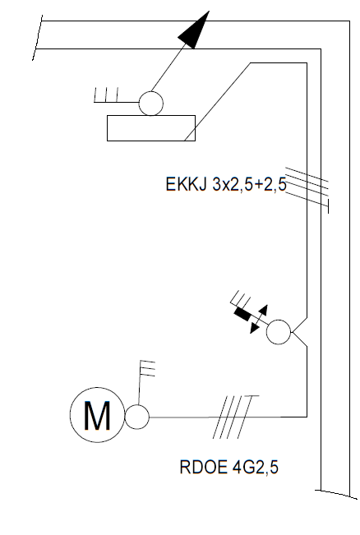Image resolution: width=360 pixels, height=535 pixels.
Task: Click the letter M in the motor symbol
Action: pos(97,415)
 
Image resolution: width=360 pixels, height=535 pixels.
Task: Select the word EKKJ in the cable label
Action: pos(187,184)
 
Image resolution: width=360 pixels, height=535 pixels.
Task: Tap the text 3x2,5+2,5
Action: pos(249,185)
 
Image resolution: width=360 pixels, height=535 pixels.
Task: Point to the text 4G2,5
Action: pos(256,467)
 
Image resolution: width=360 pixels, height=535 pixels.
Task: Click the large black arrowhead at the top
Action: pos(193,30)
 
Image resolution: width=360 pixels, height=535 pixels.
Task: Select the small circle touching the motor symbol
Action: pos(136,417)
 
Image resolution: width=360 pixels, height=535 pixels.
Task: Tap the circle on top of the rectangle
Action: pos(151,104)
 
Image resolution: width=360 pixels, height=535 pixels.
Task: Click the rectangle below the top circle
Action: pos(151,128)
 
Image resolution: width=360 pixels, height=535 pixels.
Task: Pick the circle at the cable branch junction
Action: pos(279,332)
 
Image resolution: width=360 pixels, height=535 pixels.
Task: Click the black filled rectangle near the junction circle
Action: pos(242,314)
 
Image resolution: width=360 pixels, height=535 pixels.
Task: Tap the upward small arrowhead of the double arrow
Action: pos(264,310)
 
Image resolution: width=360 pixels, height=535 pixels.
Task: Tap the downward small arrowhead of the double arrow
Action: pos(254,328)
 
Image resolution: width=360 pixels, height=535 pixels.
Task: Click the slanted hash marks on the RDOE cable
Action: pos(235,417)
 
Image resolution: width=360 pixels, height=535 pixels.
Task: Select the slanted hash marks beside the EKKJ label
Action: pos(307,190)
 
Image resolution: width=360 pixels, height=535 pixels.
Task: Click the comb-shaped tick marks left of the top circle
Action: pos(106,95)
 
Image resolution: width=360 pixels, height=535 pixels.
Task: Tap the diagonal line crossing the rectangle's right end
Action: pos(217,102)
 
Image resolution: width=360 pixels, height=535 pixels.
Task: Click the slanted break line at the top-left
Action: pos(37,38)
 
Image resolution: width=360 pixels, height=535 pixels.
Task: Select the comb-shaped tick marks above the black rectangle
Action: pos(241,299)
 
